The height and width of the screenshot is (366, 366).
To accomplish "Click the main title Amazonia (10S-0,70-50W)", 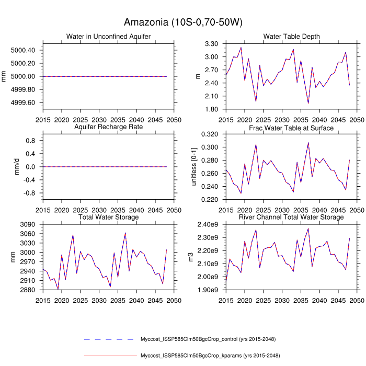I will pyautogui.click(x=182, y=22).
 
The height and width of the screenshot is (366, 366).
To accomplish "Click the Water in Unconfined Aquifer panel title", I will pyautogui.click(x=108, y=36).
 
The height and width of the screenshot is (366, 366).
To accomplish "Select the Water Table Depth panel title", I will pyautogui.click(x=292, y=36).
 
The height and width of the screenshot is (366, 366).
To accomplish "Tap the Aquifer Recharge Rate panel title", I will pyautogui.click(x=108, y=128).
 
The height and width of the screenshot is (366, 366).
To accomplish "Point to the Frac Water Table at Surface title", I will pyautogui.click(x=292, y=128).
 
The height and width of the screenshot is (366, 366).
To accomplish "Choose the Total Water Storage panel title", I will pyautogui.click(x=108, y=217).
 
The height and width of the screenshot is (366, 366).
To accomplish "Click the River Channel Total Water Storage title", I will pyautogui.click(x=292, y=217).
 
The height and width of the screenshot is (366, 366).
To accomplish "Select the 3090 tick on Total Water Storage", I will pyautogui.click(x=26, y=225).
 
